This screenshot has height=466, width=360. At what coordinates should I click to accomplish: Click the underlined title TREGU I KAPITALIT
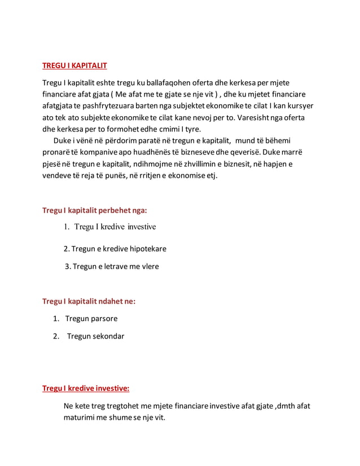(x=75, y=66)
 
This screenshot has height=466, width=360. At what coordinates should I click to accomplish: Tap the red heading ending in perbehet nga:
(x=95, y=210)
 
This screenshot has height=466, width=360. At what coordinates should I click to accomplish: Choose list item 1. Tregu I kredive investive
(x=109, y=227)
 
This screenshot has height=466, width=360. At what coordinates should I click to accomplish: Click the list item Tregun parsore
(x=91, y=319)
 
